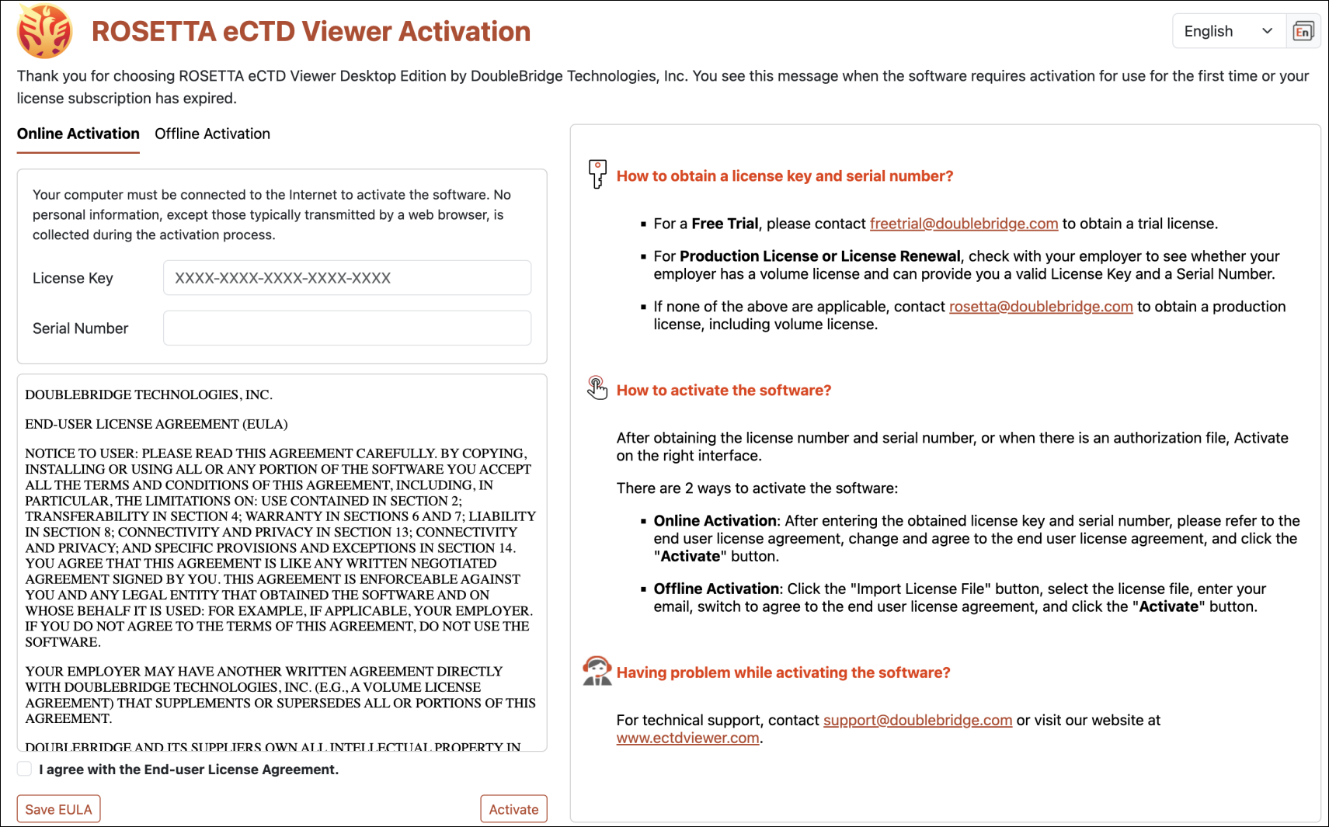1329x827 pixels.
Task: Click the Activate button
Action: click(513, 808)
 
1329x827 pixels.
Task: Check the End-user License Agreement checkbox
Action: click(25, 769)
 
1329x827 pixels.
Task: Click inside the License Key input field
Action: click(346, 278)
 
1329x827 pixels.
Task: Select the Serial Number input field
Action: click(346, 328)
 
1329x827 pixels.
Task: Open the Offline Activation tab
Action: click(212, 134)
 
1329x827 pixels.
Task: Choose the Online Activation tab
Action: click(78, 134)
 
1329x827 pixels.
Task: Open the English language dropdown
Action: click(1228, 31)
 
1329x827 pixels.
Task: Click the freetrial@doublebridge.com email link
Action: click(963, 224)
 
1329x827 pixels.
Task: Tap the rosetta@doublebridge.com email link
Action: click(1040, 307)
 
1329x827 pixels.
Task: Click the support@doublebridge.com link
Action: click(917, 720)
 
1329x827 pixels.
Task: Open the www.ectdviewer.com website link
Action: click(687, 738)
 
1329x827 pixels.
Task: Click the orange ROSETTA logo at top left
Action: click(45, 31)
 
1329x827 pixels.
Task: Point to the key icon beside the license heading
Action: click(597, 174)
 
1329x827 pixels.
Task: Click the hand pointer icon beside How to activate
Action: click(597, 387)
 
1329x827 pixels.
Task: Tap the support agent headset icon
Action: click(597, 671)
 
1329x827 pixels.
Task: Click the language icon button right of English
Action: click(1303, 31)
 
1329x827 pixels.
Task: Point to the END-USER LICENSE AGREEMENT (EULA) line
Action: click(156, 424)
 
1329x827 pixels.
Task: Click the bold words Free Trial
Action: click(725, 224)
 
